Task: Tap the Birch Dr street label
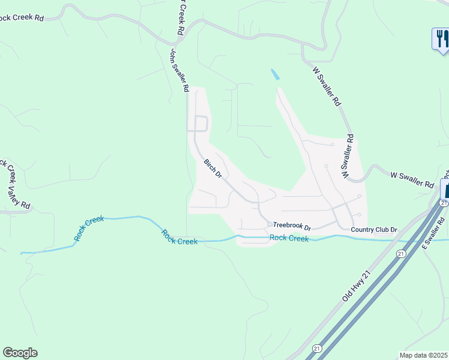pos(213,169)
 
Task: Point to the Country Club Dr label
pos(374,230)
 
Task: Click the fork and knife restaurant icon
pos(441,39)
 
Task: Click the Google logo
pos(20,353)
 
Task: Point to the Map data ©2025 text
pos(423,355)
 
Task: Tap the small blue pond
pos(275,75)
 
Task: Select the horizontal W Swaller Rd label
pos(412,179)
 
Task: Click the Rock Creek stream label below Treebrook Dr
pos(289,238)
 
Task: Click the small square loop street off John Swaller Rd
pos(200,124)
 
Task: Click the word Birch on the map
pos(209,164)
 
